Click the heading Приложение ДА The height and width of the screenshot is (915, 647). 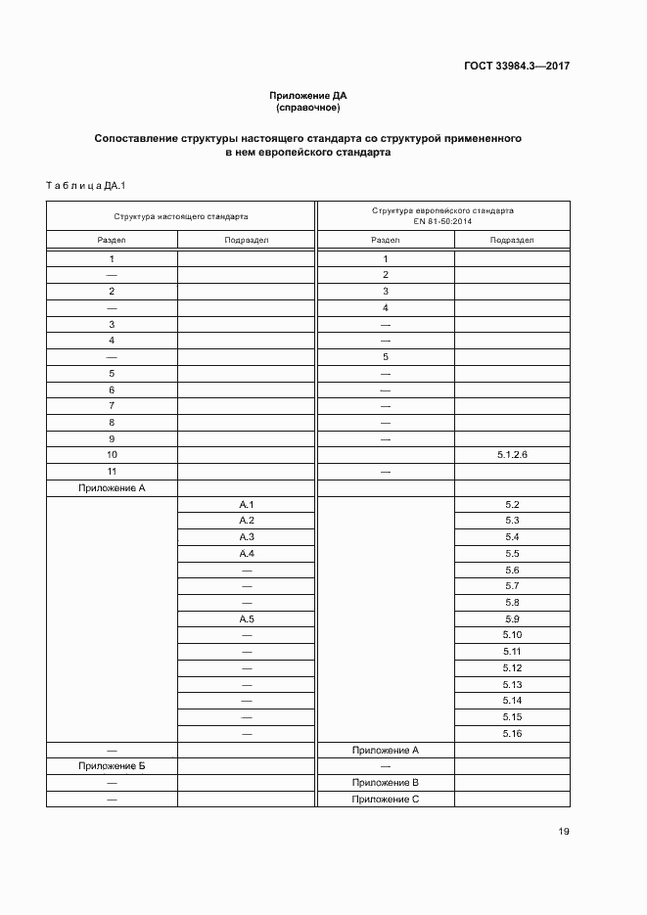[308, 95]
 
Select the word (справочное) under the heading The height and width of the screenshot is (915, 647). [308, 107]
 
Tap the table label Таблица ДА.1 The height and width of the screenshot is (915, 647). [79, 185]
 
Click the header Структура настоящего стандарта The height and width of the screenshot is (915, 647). [180, 216]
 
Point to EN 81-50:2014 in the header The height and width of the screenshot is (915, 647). [441, 222]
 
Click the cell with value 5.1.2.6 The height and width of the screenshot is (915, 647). [512, 455]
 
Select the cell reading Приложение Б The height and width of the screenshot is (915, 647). [112, 766]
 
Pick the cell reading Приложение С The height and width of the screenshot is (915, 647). [386, 800]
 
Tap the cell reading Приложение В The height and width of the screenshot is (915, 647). [386, 783]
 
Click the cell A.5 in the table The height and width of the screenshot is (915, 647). [247, 619]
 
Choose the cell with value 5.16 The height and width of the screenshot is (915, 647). [512, 734]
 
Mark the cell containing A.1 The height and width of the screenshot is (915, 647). [247, 504]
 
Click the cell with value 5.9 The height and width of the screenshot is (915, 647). [512, 619]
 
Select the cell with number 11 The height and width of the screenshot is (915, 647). [112, 472]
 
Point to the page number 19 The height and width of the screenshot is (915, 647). [564, 832]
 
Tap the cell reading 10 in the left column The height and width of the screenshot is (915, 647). [112, 455]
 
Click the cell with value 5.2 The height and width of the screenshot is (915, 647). [512, 504]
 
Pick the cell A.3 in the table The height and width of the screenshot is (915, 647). [247, 537]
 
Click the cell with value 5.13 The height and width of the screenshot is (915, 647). [512, 685]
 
